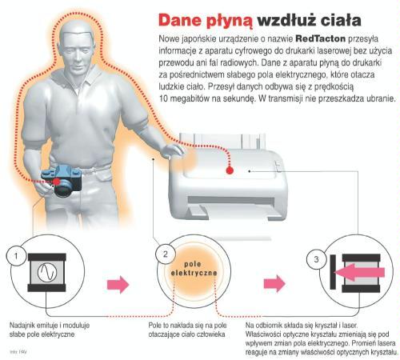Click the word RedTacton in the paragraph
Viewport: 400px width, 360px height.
[321, 38]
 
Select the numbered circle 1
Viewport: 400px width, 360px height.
[16, 256]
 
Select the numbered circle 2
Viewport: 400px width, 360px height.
[166, 254]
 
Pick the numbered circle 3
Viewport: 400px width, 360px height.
[316, 259]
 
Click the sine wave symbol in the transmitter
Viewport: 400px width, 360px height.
[47, 272]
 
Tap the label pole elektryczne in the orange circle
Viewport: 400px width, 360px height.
[194, 269]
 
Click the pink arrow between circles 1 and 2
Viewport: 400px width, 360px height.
[118, 285]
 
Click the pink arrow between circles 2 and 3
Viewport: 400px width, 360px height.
[274, 284]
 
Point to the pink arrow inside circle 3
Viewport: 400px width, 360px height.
[359, 272]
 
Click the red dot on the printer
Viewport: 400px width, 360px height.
[230, 170]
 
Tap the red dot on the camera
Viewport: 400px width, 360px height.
[56, 182]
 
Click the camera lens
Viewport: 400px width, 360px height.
[64, 189]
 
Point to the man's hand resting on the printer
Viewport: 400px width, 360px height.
[173, 151]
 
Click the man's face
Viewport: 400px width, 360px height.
[77, 54]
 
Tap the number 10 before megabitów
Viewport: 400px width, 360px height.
[163, 98]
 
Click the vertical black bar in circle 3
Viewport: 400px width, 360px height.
[333, 272]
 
